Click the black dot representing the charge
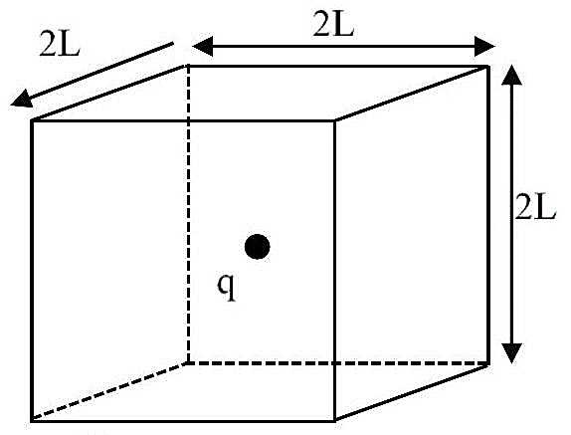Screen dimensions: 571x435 point(257,247)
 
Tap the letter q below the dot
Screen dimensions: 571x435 point(227,288)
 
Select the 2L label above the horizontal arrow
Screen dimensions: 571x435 point(333,25)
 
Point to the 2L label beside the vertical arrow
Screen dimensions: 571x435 point(535,208)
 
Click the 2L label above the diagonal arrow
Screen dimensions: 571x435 point(60,45)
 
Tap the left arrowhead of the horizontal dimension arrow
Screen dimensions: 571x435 point(203,46)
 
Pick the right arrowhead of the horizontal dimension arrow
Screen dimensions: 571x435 point(484,46)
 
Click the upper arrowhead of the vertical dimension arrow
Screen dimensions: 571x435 point(511,75)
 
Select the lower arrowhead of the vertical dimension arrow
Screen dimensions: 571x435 point(511,353)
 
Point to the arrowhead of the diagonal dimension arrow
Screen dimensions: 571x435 point(22,100)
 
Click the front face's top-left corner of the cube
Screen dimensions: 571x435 point(32,120)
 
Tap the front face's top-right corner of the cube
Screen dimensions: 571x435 point(335,120)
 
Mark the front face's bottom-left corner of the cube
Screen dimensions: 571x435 point(32,421)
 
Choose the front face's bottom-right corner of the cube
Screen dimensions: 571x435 point(335,421)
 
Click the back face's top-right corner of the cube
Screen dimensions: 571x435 point(488,66)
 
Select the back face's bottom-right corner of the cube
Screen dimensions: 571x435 point(488,363)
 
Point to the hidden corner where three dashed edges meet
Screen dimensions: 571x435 point(188,363)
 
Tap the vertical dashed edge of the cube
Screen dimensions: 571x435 point(188,214)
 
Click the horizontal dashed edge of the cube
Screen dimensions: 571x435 point(338,363)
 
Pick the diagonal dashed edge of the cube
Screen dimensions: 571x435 point(110,391)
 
